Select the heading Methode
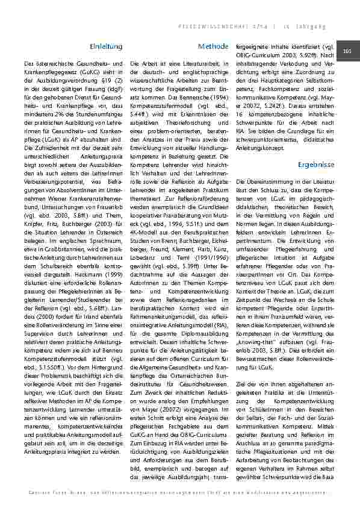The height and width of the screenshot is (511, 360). coord(213,46)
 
